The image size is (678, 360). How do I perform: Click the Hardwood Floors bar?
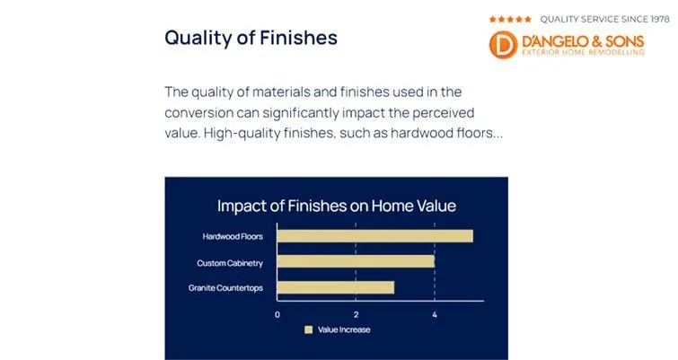coord(374,236)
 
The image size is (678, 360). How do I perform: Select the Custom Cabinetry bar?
coord(356,262)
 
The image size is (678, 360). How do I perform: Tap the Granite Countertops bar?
coord(335,288)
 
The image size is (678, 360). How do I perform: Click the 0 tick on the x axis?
coord(277,314)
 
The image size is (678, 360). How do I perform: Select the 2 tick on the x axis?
coord(357,314)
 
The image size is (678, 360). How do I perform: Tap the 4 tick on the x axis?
coord(435,314)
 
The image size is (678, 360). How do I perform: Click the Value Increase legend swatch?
coord(308,329)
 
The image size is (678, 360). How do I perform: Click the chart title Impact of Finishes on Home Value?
coord(337,206)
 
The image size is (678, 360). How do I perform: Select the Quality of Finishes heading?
coord(251,38)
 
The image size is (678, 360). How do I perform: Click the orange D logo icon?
coord(504,46)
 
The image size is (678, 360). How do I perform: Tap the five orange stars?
coord(510,18)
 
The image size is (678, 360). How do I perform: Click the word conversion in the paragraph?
coord(202,113)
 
